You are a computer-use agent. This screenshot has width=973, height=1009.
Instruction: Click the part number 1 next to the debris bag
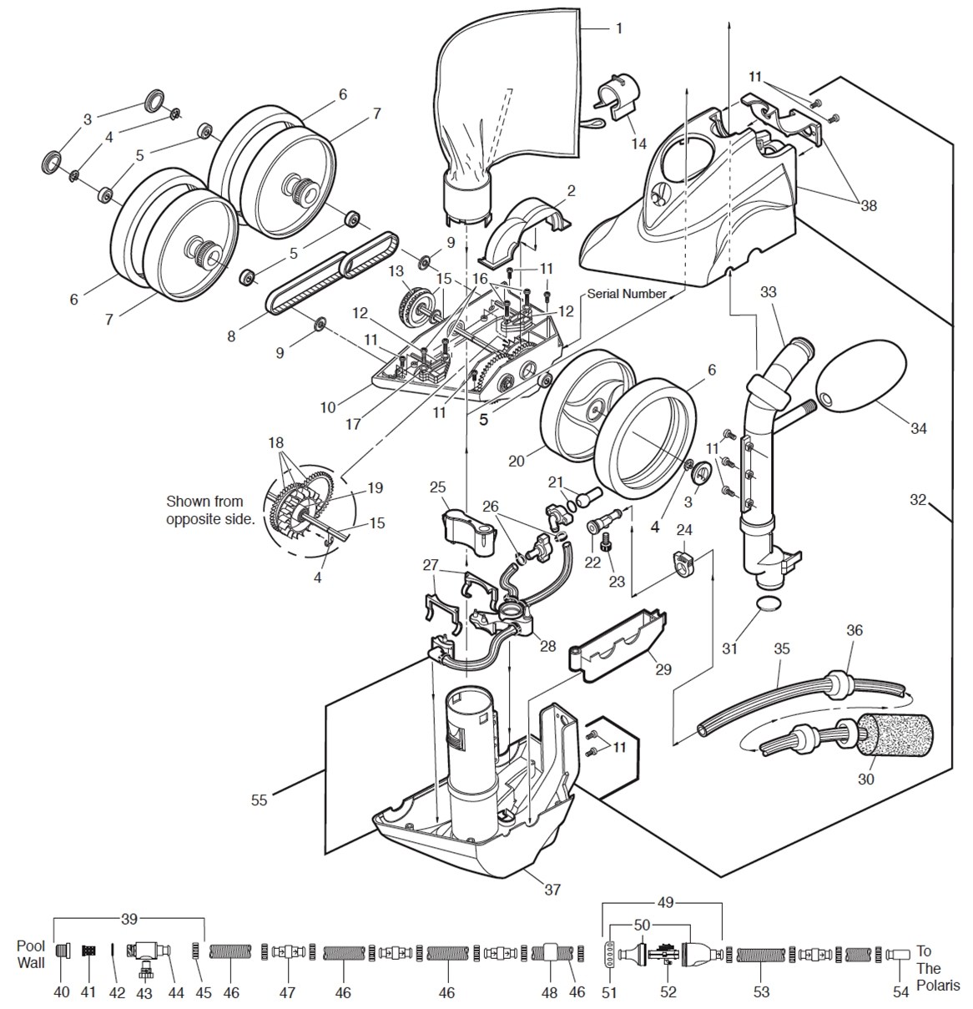618,28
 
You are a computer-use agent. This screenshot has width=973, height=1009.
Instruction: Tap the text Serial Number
626,294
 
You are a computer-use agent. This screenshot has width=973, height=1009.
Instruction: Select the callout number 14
638,144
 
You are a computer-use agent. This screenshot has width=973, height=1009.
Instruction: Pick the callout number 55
259,800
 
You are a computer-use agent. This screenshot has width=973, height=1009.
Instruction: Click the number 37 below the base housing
552,890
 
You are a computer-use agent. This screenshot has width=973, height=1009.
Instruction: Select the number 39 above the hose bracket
129,919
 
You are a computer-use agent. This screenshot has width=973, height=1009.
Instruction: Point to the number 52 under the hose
668,991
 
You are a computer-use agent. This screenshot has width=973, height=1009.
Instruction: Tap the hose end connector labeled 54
898,953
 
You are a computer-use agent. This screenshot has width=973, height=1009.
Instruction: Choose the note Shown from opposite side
210,510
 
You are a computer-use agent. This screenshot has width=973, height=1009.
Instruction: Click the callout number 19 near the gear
375,487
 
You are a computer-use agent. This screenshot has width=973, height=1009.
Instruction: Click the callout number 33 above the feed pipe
769,292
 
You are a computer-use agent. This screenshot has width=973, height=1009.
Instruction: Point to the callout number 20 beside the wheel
516,461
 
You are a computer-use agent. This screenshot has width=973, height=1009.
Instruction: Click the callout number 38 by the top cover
869,205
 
